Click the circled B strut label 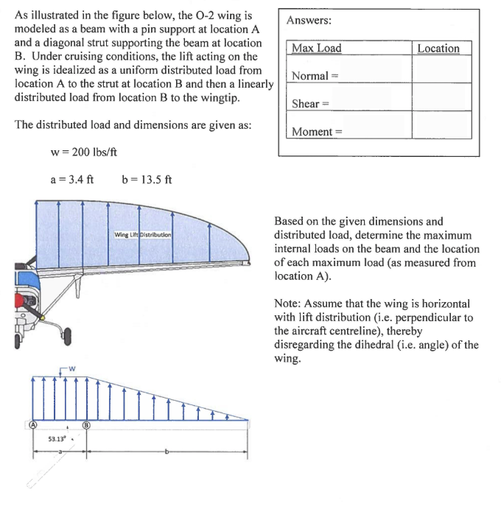click(86, 425)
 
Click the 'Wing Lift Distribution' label click(142, 234)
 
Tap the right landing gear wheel click(68, 337)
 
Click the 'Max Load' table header click(317, 49)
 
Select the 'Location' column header click(438, 49)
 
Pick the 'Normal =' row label click(314, 77)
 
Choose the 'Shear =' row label click(311, 104)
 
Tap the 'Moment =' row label click(317, 132)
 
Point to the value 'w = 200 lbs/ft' click(83, 152)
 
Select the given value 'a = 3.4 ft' click(71, 180)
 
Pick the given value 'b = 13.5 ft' click(146, 180)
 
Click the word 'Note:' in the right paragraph click(289, 304)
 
